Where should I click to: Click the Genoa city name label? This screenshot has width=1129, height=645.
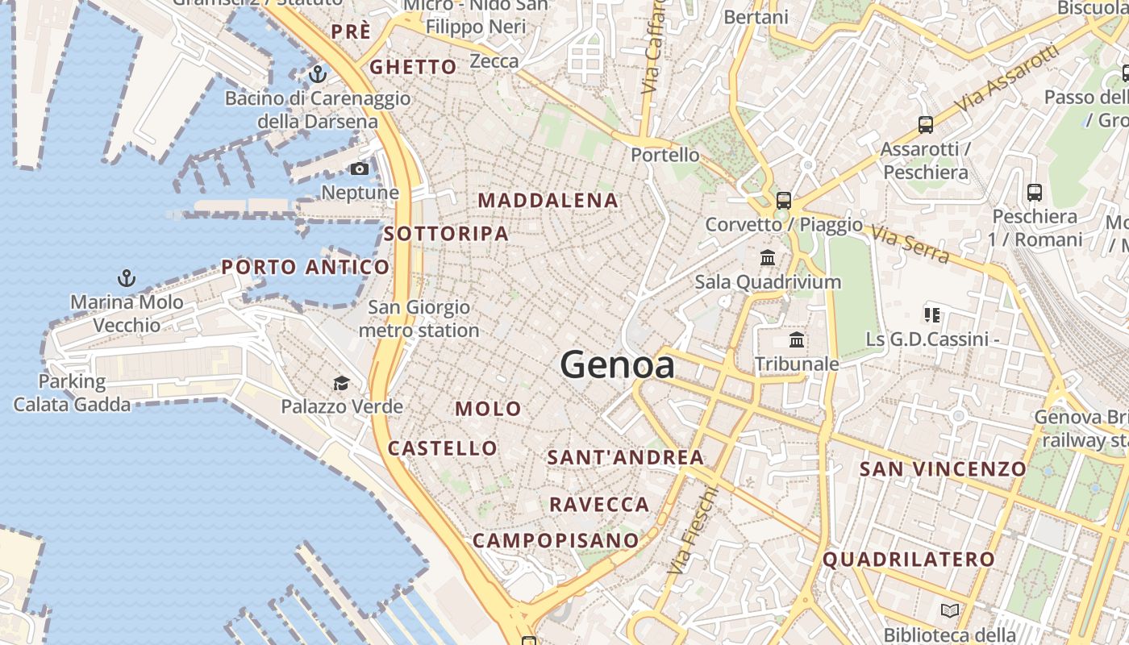(x=617, y=365)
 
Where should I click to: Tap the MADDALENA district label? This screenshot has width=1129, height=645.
(x=548, y=201)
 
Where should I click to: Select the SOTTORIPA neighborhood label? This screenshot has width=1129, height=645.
(x=446, y=234)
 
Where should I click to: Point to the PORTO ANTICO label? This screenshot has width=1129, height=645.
(x=306, y=267)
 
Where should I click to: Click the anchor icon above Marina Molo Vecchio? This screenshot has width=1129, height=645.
(x=126, y=279)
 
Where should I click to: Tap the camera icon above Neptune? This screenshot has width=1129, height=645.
(x=360, y=169)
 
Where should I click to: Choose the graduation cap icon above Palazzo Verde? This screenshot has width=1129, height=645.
(x=342, y=383)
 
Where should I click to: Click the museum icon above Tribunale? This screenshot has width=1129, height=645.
(x=797, y=339)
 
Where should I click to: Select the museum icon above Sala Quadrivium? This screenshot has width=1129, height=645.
(x=768, y=258)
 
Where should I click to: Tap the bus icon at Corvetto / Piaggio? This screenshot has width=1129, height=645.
(x=783, y=200)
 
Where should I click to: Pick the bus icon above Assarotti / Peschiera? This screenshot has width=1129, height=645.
(x=925, y=125)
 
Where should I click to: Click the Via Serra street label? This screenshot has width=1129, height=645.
(x=910, y=244)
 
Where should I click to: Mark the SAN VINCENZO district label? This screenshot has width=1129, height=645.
(x=943, y=468)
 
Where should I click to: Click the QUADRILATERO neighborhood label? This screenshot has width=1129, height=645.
(x=909, y=559)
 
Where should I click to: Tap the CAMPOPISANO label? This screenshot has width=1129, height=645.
(x=556, y=540)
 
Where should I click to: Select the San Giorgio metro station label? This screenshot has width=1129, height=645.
(x=419, y=318)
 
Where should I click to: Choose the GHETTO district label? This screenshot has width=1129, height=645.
(x=413, y=67)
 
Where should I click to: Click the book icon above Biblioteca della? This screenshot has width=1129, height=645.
(x=950, y=610)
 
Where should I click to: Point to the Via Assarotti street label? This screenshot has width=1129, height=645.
(x=1005, y=79)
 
